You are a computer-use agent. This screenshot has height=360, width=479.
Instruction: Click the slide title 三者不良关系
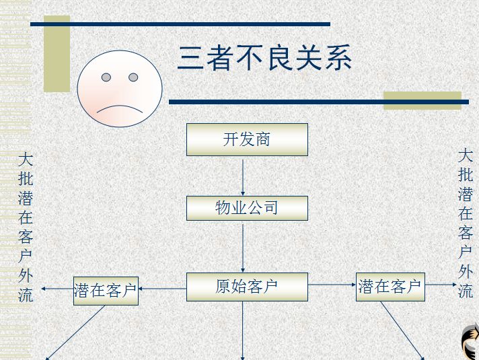point(264,59)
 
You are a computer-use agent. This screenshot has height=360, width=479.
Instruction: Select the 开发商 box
point(247,139)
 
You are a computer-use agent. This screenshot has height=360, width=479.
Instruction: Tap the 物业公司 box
point(247,208)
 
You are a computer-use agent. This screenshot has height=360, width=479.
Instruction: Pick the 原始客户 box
point(247,287)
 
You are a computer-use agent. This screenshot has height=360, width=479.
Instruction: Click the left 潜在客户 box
point(106,291)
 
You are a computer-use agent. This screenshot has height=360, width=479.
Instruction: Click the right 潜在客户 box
point(390,287)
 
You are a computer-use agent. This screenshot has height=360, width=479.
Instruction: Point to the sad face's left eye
point(106,77)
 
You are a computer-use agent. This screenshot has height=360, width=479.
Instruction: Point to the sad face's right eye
point(133,77)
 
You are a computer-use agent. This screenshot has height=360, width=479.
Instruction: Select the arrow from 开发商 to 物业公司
point(243,176)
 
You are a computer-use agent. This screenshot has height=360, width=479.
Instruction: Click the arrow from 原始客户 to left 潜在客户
point(162,289)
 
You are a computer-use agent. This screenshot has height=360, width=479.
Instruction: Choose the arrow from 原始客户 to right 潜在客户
point(332,285)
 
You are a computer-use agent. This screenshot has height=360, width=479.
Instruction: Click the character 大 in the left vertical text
point(26,160)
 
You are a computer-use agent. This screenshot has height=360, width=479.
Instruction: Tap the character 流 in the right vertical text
point(466,291)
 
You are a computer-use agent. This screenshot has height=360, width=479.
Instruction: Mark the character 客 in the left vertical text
point(26,237)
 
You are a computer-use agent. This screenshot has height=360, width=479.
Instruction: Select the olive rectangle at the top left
point(57,54)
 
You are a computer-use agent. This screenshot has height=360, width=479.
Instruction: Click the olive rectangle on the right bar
point(422,100)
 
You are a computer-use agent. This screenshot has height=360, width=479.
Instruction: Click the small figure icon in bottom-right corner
point(470,342)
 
